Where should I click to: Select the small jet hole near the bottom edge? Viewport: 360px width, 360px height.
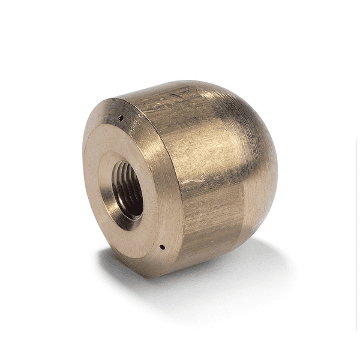162,246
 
